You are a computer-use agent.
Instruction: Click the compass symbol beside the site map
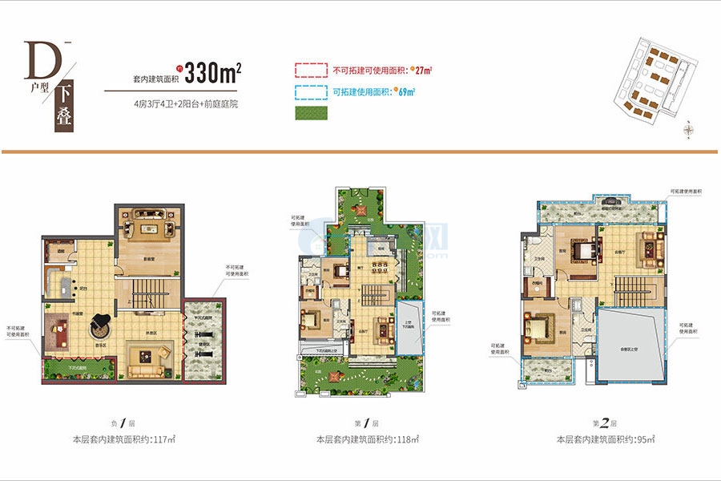click(x=688, y=128)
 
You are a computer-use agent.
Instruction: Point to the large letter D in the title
click(x=38, y=59)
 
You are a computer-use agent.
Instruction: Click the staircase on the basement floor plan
click(x=148, y=289)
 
